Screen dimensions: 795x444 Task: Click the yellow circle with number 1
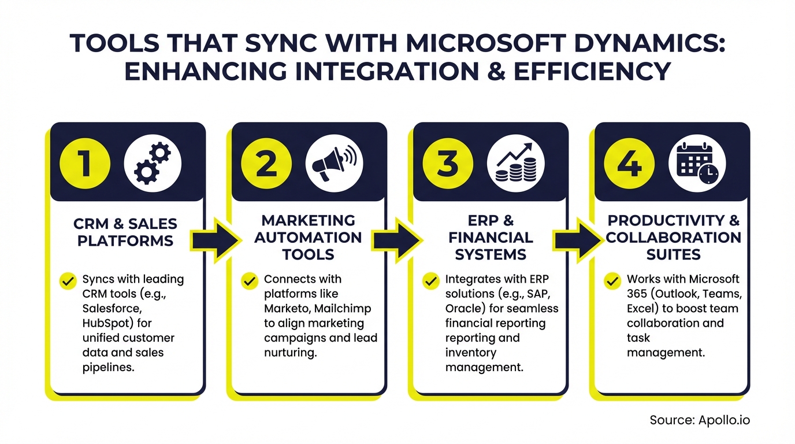point(85,164)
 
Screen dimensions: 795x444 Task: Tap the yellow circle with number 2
point(266,164)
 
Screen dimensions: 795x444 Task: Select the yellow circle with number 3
point(448,164)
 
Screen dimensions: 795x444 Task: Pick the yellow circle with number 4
point(629,164)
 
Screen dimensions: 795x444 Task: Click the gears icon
point(153,164)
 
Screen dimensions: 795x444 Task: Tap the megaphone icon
point(335,164)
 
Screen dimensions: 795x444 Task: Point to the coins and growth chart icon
point(516,164)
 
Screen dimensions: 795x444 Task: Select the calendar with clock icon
point(697,164)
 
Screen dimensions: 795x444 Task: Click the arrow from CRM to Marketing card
point(216,241)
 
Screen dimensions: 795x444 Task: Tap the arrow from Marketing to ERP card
point(397,241)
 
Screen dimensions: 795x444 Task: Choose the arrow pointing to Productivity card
point(578,241)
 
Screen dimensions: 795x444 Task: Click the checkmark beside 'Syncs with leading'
point(68,282)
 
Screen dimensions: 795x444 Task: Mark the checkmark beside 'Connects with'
point(250,282)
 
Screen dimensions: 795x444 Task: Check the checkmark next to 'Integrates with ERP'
point(431,282)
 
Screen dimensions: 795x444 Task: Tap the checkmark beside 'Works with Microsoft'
point(612,282)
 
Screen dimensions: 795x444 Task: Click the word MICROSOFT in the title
point(485,43)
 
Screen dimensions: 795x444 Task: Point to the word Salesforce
point(112,308)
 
